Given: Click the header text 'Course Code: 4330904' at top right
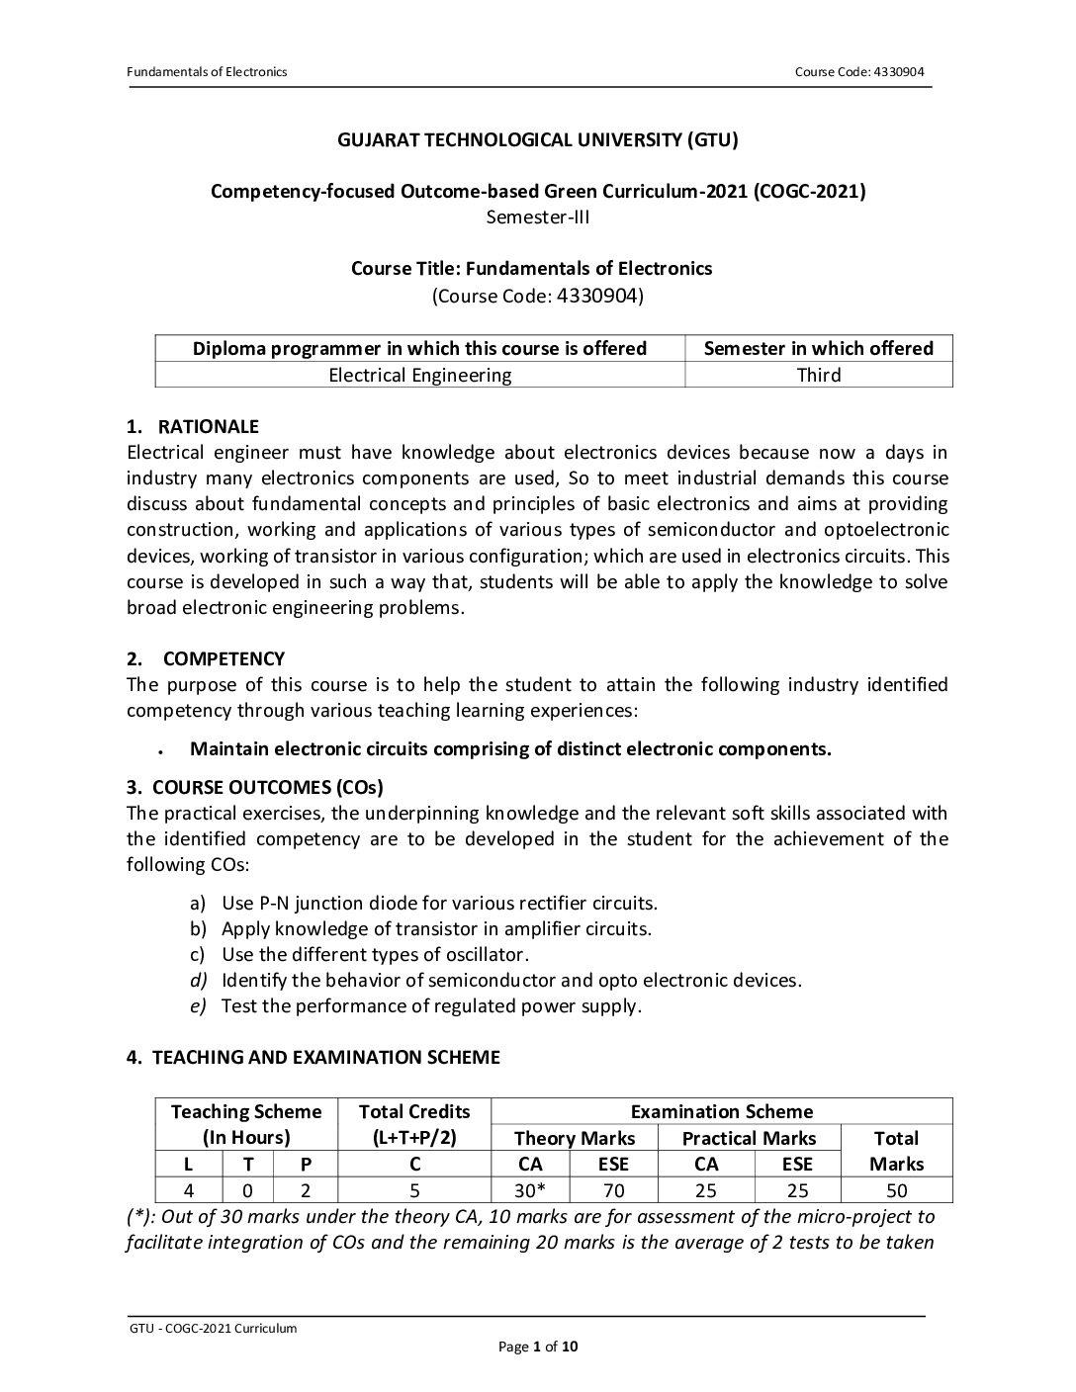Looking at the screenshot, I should [859, 72].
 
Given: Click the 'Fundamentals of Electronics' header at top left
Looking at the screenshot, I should [207, 72].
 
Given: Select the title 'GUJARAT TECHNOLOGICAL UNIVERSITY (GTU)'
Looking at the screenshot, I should [538, 139].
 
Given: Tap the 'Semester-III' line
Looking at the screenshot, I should [538, 217].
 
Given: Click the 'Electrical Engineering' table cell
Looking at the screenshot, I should [419, 375].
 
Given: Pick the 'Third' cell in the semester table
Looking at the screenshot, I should [819, 375].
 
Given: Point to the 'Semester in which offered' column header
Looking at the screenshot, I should [819, 348].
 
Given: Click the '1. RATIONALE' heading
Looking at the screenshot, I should [193, 427].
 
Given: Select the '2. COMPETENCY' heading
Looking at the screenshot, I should [206, 658].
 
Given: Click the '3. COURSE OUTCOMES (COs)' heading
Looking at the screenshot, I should [255, 787].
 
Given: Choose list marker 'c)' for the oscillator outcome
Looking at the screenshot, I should [197, 954].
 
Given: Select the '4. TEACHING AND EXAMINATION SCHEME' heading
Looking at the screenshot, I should [314, 1057].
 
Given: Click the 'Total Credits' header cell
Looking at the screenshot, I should [414, 1111].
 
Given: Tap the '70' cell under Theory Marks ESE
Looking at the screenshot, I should [613, 1190].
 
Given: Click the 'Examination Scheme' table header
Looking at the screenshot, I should [722, 1111].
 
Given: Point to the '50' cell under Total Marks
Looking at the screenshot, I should [896, 1190].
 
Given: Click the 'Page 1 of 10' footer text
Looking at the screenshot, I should [538, 1347].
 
